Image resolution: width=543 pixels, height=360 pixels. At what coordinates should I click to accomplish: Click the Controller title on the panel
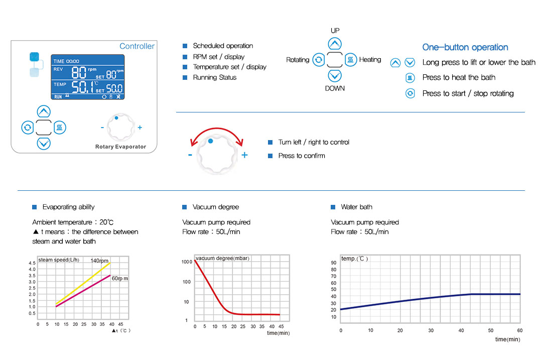point(137,46)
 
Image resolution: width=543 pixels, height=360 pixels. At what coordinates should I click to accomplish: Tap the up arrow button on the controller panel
point(44,111)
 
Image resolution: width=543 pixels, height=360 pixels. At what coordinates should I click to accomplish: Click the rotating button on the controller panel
point(27,128)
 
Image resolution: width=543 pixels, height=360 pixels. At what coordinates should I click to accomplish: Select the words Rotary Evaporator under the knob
point(120,147)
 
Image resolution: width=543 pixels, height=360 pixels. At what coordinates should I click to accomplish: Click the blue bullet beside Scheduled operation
point(185,46)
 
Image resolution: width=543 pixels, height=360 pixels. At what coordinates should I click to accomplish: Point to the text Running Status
point(214,77)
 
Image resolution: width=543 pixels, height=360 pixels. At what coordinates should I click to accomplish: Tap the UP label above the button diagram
point(335,31)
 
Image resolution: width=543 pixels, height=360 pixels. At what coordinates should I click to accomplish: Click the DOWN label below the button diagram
point(335,88)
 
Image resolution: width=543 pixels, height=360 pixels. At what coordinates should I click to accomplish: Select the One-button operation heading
point(465,47)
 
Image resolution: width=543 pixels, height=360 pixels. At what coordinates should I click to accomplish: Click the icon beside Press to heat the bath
point(410,78)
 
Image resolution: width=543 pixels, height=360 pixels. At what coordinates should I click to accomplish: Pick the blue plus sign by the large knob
point(244,155)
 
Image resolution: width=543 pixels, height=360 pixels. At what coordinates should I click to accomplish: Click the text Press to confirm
point(302,156)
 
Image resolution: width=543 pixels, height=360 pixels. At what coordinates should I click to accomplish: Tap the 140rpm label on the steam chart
point(100,261)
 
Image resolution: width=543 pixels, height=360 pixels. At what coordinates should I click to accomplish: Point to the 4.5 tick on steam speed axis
point(32,263)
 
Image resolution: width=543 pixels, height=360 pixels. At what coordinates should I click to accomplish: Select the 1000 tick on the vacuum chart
point(187,262)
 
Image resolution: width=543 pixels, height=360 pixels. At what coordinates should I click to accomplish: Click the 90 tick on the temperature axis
point(334,263)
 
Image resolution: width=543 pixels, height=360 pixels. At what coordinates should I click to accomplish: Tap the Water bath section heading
point(356,207)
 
